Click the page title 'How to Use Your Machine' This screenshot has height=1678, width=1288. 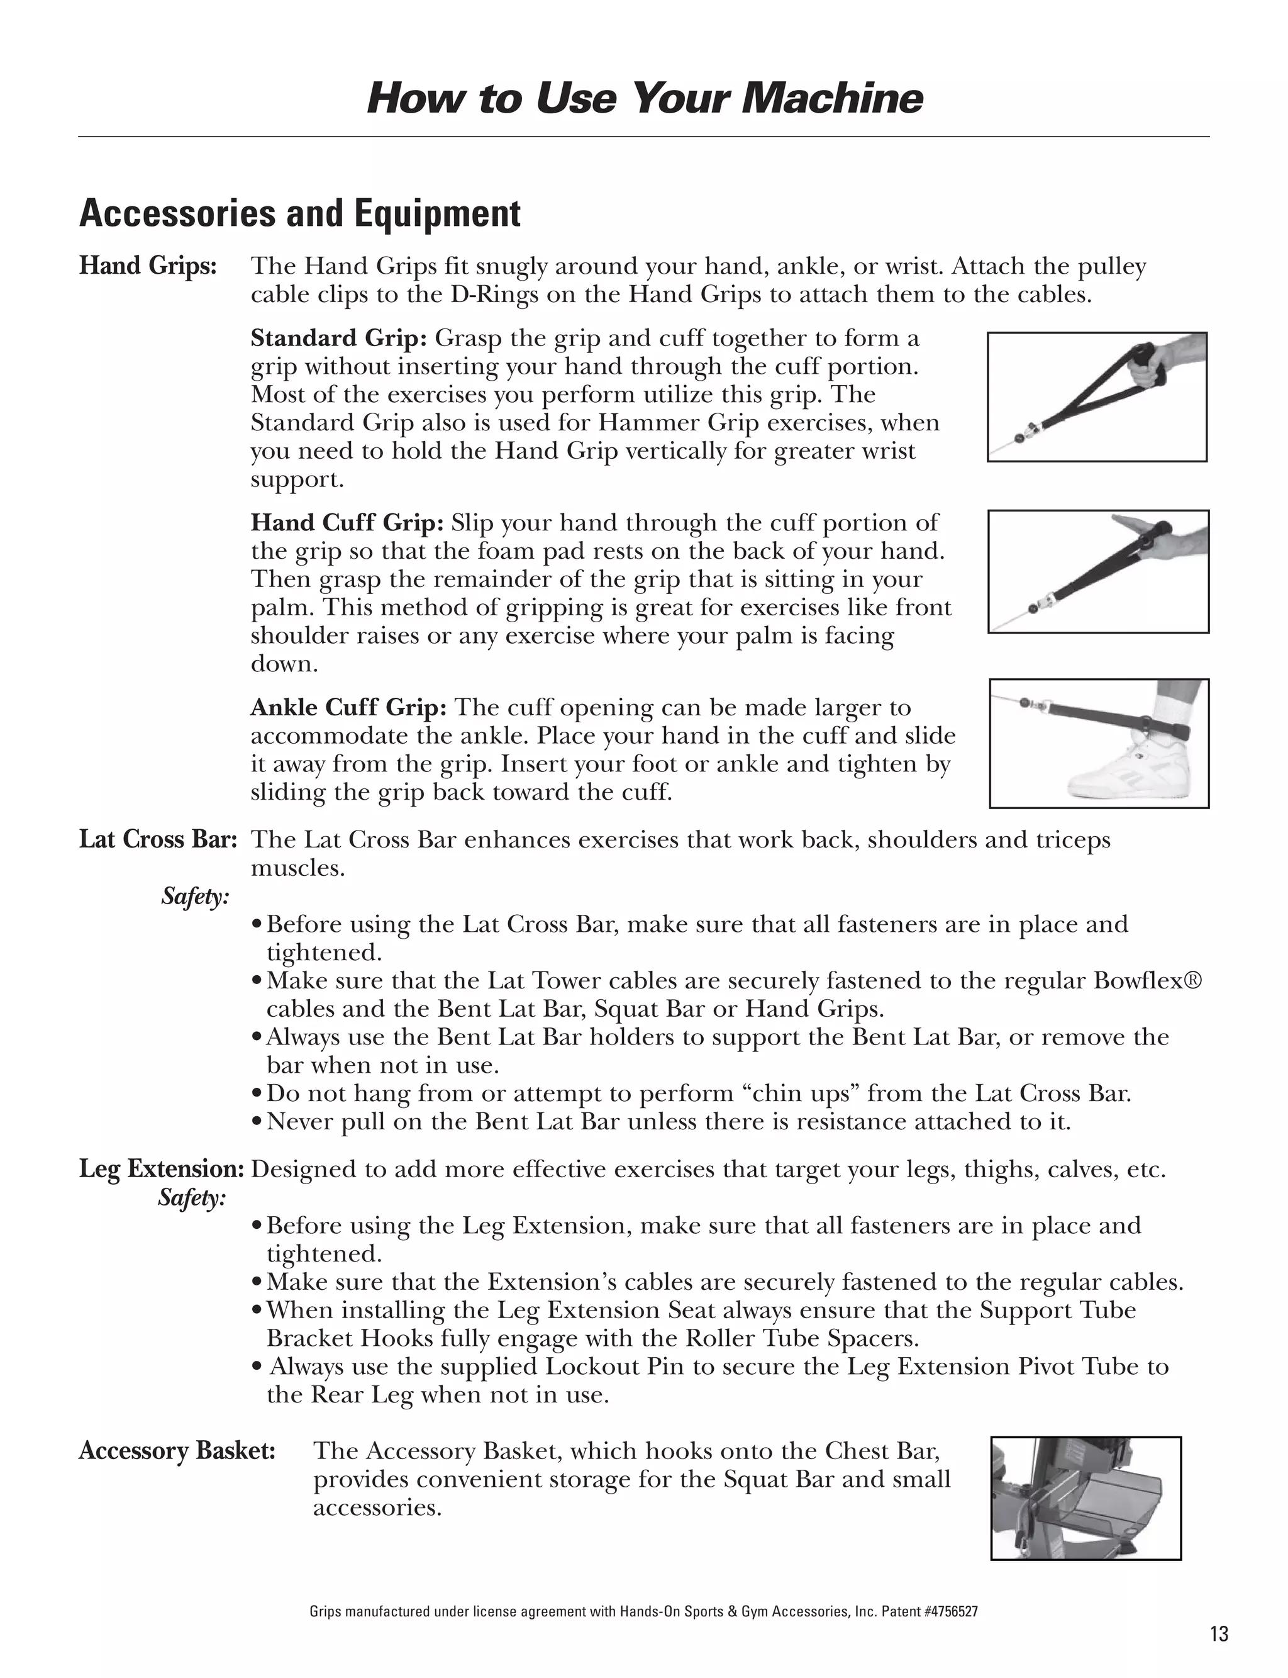[x=644, y=98]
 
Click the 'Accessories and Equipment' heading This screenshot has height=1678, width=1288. [x=300, y=213]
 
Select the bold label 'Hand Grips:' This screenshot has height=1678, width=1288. [x=148, y=266]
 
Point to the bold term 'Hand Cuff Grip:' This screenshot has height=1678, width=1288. [x=347, y=523]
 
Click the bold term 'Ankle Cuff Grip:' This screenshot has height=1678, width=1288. [x=348, y=707]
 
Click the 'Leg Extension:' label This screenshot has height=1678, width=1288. [x=162, y=1170]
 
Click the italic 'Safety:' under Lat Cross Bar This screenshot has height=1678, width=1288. [x=195, y=896]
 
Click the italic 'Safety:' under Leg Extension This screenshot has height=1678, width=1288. [x=192, y=1198]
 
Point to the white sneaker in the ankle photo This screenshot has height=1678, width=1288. [x=1127, y=771]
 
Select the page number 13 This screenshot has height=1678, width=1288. [x=1219, y=1635]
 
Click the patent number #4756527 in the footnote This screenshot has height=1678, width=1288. [x=950, y=1611]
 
